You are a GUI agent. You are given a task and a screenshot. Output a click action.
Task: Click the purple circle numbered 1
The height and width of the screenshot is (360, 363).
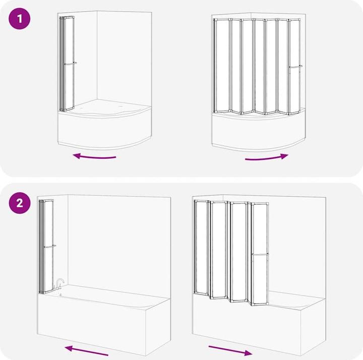pyautogui.click(x=20, y=19)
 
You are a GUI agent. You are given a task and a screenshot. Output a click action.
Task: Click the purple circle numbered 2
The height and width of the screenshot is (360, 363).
pyautogui.click(x=20, y=203)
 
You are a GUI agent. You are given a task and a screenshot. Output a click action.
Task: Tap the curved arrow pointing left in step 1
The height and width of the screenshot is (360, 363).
pyautogui.click(x=94, y=157)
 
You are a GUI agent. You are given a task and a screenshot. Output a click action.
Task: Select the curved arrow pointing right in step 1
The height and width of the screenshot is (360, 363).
pyautogui.click(x=267, y=158)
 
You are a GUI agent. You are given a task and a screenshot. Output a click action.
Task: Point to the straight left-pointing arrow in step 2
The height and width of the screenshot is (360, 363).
pyautogui.click(x=86, y=350)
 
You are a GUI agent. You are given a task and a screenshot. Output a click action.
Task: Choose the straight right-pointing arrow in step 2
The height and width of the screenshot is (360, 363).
pyautogui.click(x=230, y=350)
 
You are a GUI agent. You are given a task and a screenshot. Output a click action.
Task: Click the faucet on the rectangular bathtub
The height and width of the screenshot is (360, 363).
pyautogui.click(x=59, y=284)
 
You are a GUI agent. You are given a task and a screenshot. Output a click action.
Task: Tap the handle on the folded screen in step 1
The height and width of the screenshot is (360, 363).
pyautogui.click(x=71, y=63)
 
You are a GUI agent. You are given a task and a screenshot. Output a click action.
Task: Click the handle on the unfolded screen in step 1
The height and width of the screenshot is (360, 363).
pyautogui.click(x=295, y=67)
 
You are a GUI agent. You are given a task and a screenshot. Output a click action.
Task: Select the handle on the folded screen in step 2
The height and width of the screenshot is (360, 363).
pyautogui.click(x=50, y=247)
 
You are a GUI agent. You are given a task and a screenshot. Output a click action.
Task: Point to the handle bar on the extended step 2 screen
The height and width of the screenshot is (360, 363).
pyautogui.click(x=260, y=254)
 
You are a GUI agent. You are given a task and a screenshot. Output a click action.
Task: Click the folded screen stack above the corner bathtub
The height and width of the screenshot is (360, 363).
pyautogui.click(x=67, y=64)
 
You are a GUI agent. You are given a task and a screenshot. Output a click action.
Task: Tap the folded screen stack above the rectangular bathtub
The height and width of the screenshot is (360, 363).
pyautogui.click(x=46, y=247)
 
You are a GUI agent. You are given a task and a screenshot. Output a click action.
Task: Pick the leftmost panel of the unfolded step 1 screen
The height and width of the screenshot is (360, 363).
pyautogui.click(x=221, y=66)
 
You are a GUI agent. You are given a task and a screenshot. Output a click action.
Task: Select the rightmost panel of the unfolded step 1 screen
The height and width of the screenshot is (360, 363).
pyautogui.click(x=294, y=67)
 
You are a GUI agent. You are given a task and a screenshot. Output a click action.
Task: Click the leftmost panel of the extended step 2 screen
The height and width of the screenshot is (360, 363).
pyautogui.click(x=201, y=248)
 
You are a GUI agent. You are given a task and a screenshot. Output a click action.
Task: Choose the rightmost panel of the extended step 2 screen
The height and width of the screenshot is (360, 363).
pyautogui.click(x=260, y=254)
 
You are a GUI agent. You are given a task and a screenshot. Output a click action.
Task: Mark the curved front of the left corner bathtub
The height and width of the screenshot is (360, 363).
pyautogui.click(x=105, y=129)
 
